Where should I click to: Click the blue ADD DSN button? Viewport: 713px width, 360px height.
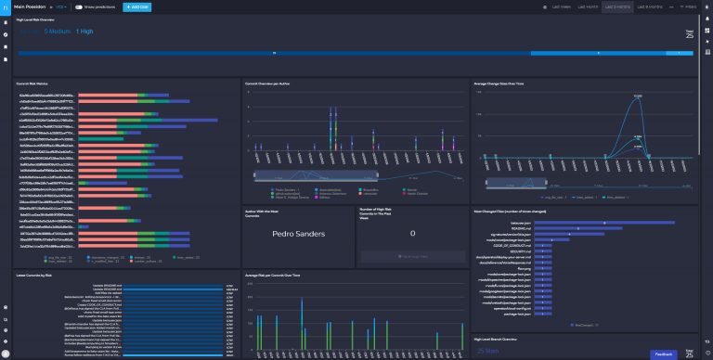click(138, 6)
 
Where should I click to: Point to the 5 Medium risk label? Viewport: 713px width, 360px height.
click(58, 32)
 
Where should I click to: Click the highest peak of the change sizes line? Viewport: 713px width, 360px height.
click(637, 98)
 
